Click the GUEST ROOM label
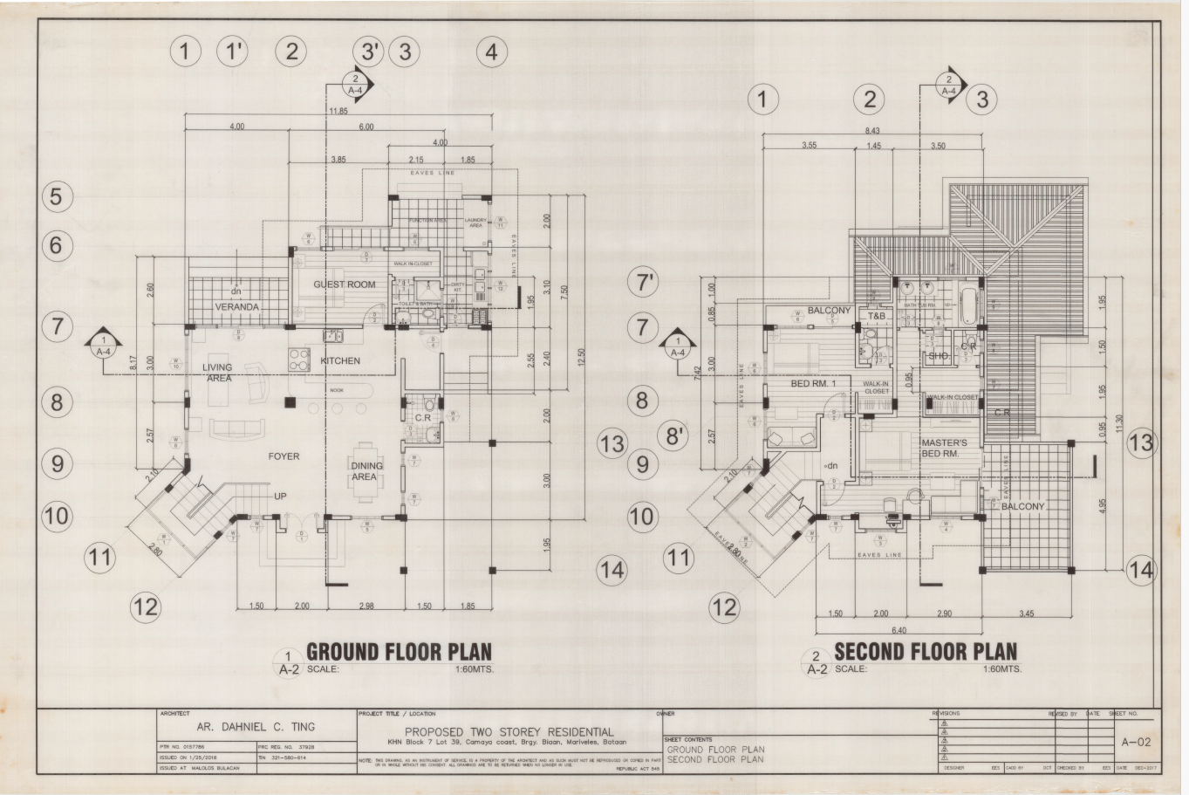click(x=345, y=284)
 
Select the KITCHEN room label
click(x=340, y=360)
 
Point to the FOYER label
click(x=284, y=456)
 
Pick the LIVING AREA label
click(x=218, y=374)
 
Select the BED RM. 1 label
click(x=813, y=384)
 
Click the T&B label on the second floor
click(x=876, y=315)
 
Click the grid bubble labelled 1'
click(x=233, y=51)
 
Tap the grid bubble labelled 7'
click(x=646, y=282)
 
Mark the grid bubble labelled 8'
click(x=674, y=435)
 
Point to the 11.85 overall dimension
click(x=338, y=112)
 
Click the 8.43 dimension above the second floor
click(x=871, y=130)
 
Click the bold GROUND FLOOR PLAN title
click(x=399, y=652)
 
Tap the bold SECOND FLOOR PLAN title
click(x=926, y=652)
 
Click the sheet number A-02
click(x=1139, y=743)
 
